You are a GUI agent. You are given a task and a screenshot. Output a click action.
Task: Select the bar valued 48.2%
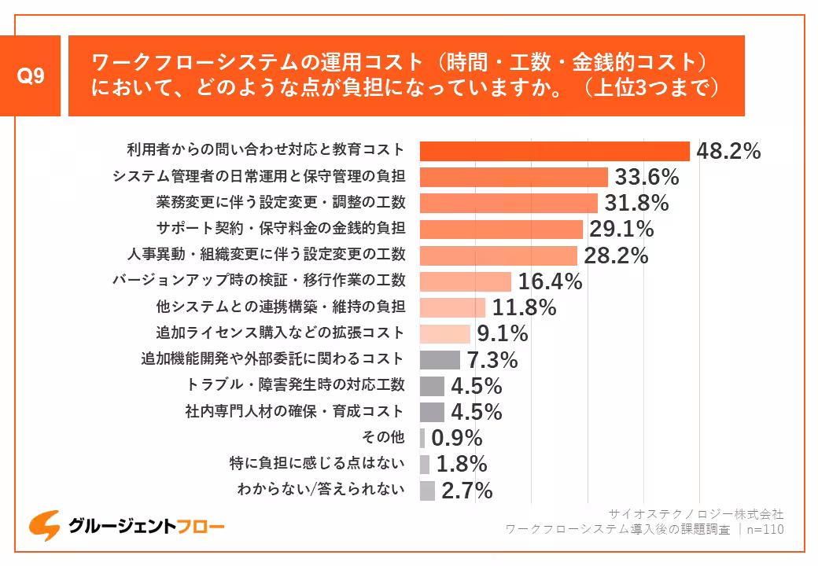coord(555,151)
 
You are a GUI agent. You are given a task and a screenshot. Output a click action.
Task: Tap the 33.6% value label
coord(647,177)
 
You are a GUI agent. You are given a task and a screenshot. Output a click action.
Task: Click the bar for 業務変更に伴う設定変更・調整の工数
coord(508,203)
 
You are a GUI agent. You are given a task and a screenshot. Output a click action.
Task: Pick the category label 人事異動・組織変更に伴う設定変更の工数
coord(266,255)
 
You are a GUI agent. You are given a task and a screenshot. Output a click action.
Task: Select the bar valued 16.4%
coord(466,281)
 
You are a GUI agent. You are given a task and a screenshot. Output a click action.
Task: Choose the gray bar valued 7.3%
coord(440,359)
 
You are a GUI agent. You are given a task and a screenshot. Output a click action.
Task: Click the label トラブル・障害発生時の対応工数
coord(296,384)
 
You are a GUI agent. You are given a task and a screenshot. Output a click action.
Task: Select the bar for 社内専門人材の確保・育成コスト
coord(432,411)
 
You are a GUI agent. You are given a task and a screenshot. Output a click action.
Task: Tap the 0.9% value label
coord(457,438)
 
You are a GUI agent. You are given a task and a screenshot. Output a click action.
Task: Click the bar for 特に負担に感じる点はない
coord(425,464)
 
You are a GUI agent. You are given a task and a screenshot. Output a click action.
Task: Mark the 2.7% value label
coord(466,491)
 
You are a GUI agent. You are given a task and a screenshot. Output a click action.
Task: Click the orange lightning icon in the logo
coord(46,526)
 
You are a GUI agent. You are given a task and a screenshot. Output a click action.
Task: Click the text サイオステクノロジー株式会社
coord(696,513)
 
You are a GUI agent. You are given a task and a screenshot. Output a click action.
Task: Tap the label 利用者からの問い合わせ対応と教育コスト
coord(266,150)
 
